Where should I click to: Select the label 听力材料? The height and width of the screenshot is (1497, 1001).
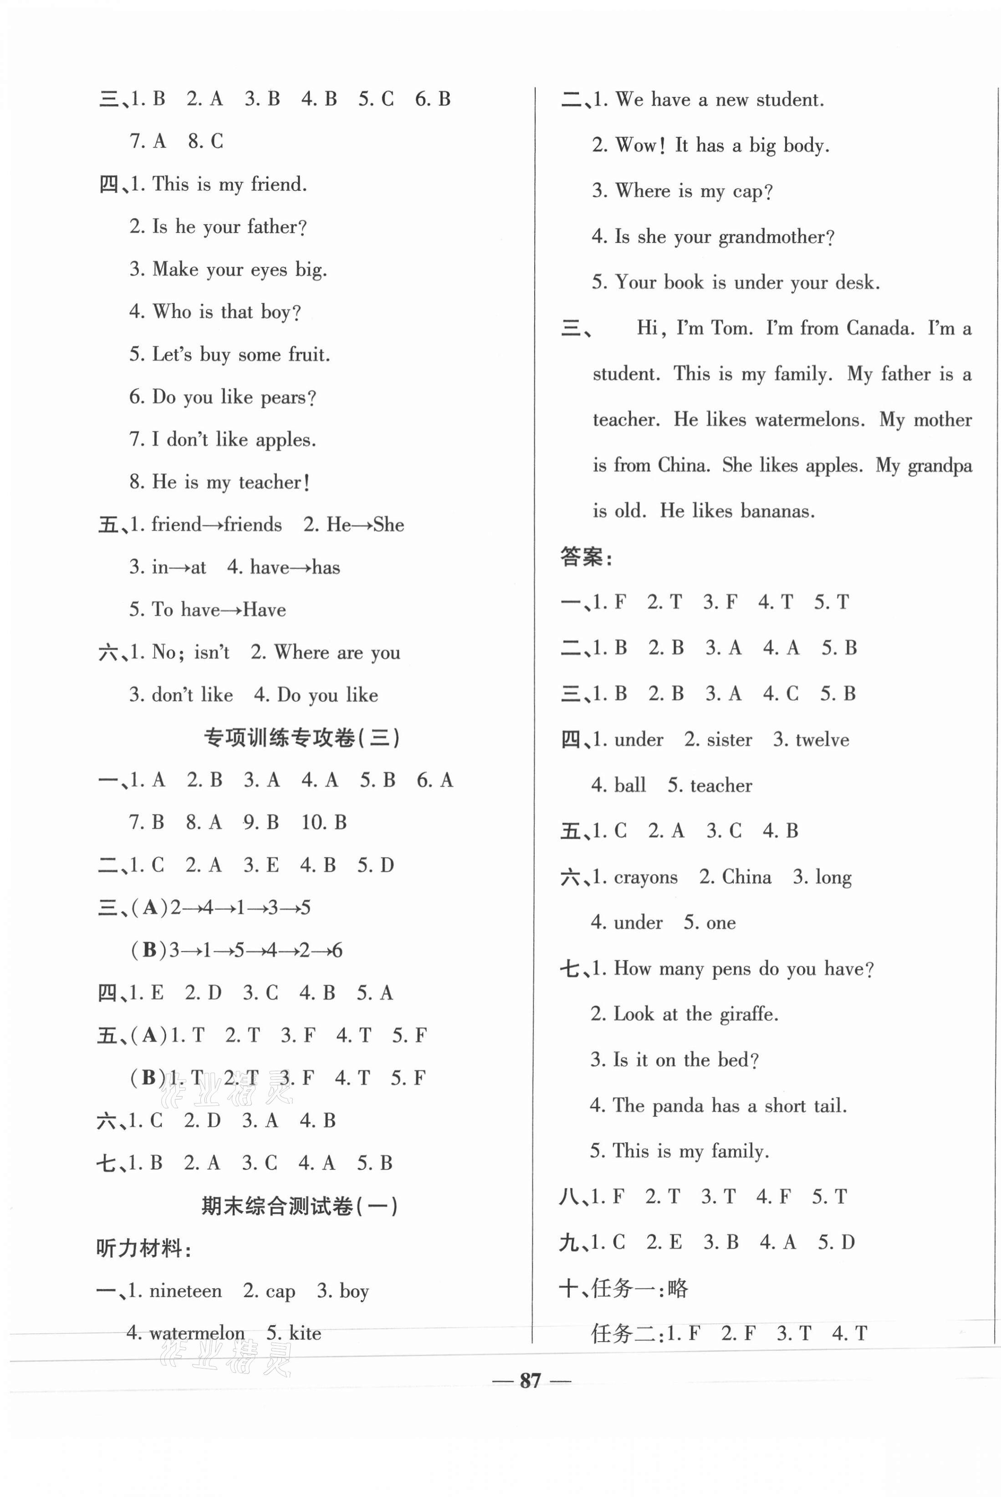(143, 1249)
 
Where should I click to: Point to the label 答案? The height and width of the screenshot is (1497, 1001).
(586, 557)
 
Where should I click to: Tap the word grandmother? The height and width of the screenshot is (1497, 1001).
(776, 237)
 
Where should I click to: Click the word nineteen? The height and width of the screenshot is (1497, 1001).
(185, 1291)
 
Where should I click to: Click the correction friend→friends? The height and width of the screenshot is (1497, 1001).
(216, 525)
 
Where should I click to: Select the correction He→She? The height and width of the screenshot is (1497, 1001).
(365, 525)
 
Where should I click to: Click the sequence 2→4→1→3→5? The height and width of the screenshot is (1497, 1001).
(240, 908)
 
